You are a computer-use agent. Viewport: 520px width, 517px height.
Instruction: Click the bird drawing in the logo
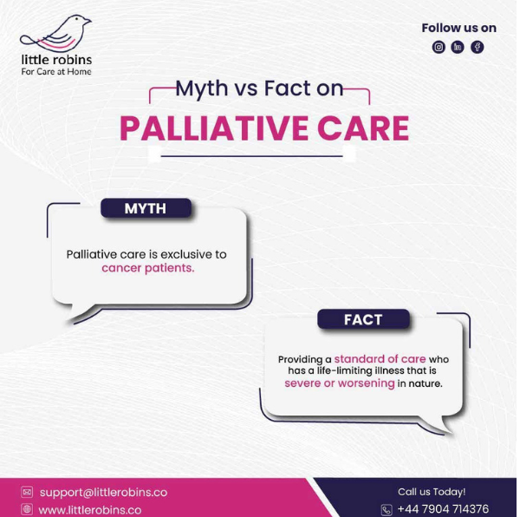[56, 33]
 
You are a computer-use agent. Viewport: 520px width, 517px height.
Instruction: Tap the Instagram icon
[439, 47]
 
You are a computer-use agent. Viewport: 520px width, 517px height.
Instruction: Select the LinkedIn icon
[458, 47]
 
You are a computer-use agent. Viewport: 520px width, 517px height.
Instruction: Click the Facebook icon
[478, 47]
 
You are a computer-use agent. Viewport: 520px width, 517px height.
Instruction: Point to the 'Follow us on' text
[459, 29]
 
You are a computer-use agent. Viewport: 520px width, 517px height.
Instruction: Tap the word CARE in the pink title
[363, 128]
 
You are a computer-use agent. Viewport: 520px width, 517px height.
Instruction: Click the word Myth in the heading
[202, 89]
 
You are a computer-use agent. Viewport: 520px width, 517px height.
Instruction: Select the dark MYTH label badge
[146, 208]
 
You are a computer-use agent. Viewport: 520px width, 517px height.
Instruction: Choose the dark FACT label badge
[363, 319]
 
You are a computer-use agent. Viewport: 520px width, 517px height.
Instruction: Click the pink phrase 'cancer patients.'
[148, 268]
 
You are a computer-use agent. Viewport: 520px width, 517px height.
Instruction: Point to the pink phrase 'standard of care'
[380, 359]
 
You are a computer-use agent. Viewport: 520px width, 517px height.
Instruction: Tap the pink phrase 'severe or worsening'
[340, 383]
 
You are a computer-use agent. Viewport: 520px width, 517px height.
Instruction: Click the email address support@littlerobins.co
[103, 493]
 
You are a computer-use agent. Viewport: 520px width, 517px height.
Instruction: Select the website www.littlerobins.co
[90, 510]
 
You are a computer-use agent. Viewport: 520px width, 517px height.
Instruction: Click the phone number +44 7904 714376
[443, 508]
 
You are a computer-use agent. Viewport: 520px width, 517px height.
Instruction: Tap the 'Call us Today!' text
[432, 492]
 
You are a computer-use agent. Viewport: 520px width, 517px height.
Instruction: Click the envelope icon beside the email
[27, 492]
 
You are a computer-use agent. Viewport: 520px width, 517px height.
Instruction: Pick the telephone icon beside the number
[387, 510]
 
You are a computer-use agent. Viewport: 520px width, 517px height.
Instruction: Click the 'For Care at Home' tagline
[56, 72]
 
